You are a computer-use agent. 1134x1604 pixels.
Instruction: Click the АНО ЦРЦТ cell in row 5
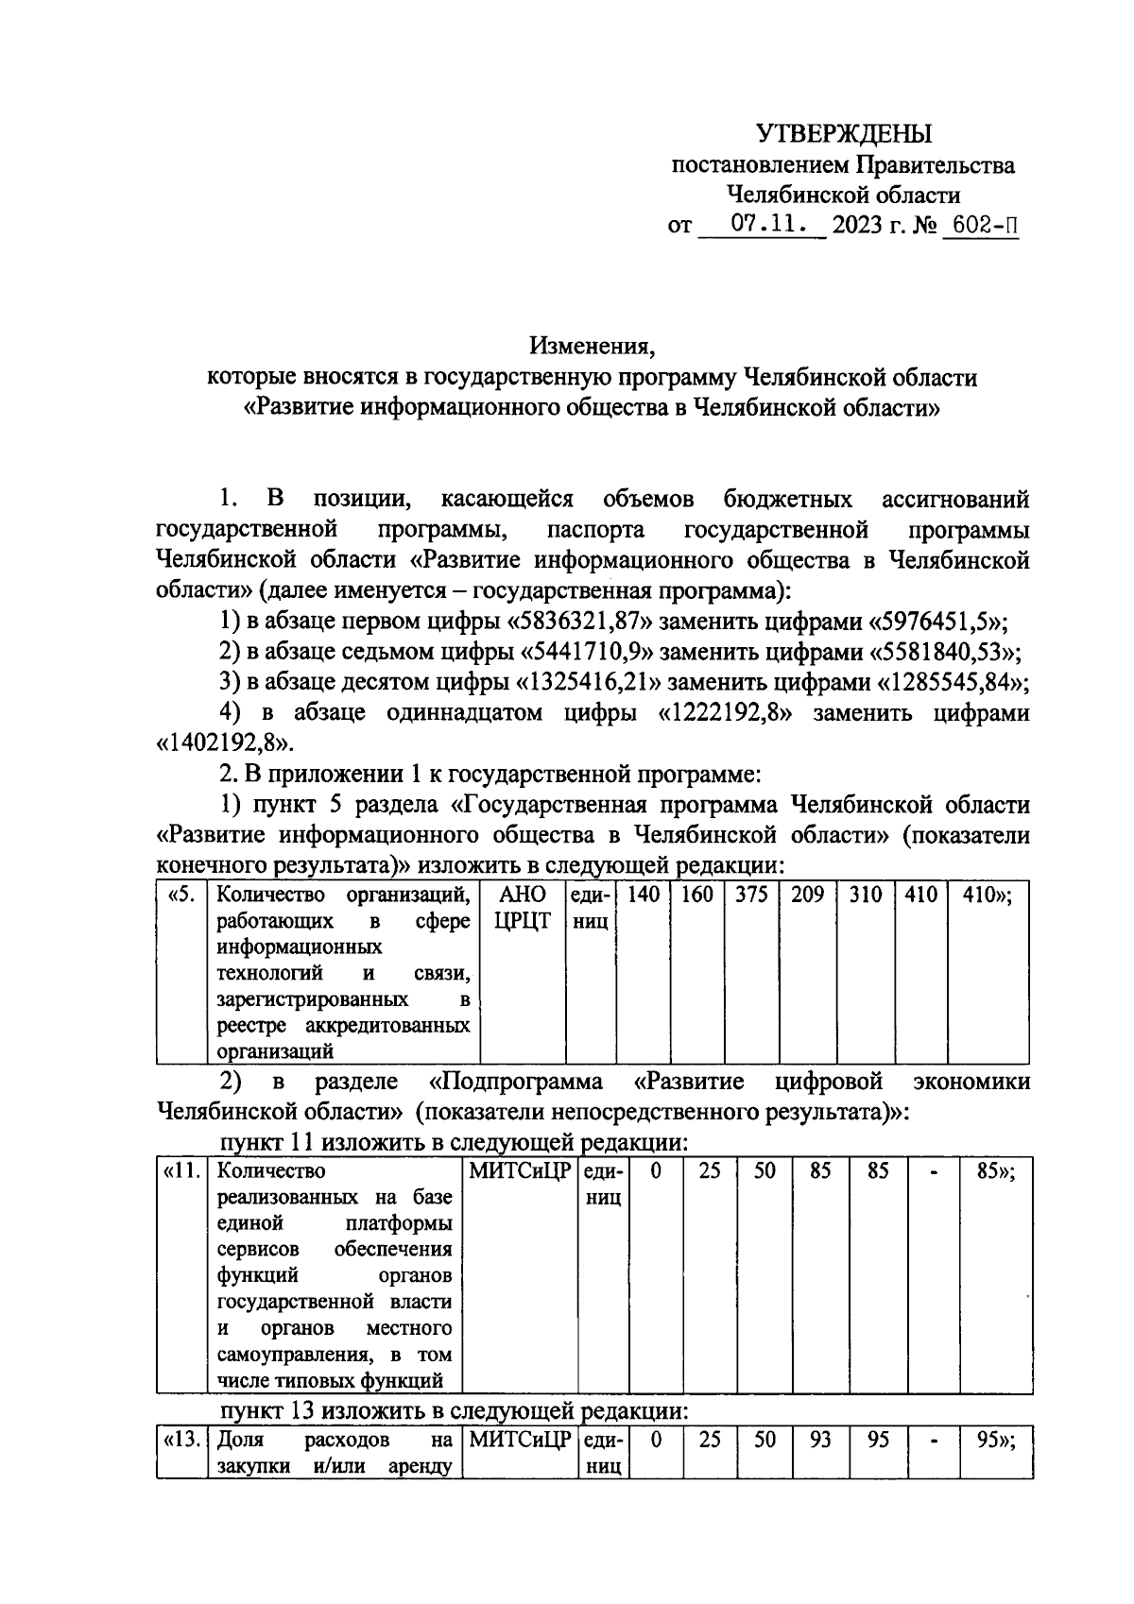click(522, 907)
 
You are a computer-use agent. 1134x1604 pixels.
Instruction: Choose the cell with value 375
click(751, 894)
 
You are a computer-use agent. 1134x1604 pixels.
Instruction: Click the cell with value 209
click(807, 894)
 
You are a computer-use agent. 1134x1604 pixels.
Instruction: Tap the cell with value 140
click(643, 894)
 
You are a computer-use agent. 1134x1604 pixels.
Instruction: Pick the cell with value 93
click(820, 1442)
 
